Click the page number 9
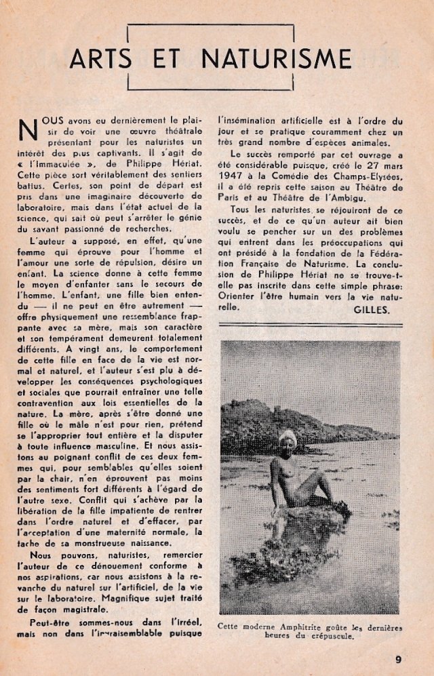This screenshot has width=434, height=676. (398, 657)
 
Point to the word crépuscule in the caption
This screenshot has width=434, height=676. (331, 637)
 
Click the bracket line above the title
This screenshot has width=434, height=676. (210, 26)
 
